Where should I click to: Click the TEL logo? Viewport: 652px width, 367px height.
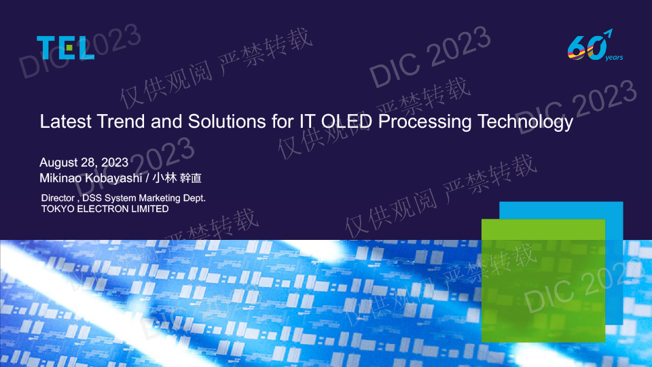[x=65, y=48]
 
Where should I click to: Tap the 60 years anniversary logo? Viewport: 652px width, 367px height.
[x=595, y=45]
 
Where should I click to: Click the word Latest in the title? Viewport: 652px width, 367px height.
[x=65, y=122]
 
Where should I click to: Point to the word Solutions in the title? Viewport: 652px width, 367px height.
[x=227, y=122]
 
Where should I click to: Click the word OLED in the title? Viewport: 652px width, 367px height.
[x=347, y=122]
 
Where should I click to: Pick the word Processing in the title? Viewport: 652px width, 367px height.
[x=425, y=122]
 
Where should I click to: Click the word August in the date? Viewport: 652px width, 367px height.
[x=58, y=162]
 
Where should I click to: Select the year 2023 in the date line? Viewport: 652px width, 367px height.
[x=115, y=162]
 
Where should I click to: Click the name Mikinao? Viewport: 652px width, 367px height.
[x=60, y=178]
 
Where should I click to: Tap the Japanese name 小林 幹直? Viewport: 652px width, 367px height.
[x=177, y=178]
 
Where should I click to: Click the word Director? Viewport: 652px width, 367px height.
[x=58, y=198]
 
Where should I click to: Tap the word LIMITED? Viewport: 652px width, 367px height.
[x=150, y=209]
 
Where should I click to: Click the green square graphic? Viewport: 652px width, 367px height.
[x=543, y=281]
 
